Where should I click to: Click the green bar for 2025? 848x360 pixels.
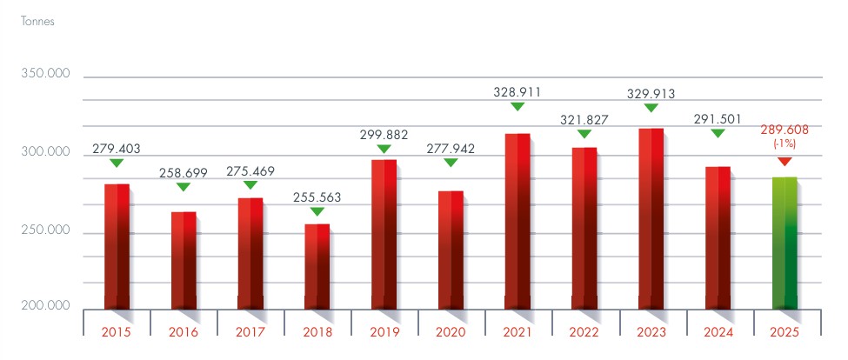(785, 243)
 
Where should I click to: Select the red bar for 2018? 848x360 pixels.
(317, 266)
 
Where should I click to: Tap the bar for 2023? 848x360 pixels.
(651, 218)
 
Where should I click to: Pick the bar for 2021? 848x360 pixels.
(517, 221)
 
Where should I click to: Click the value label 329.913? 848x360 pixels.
(651, 95)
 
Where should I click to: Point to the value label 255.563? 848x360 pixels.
(317, 197)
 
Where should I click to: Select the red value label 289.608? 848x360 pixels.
(785, 130)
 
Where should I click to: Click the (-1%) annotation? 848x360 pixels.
(785, 144)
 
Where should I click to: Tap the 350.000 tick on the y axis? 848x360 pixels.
(44, 76)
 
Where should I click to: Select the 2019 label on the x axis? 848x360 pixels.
(384, 331)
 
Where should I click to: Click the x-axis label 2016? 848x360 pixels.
(184, 331)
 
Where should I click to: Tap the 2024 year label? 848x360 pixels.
(718, 331)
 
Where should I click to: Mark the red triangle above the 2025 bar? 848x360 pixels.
(785, 162)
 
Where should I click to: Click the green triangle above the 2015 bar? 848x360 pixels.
(117, 163)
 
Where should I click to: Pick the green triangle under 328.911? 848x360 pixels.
(517, 106)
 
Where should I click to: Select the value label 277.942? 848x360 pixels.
(451, 149)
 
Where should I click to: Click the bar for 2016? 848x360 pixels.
(184, 260)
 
